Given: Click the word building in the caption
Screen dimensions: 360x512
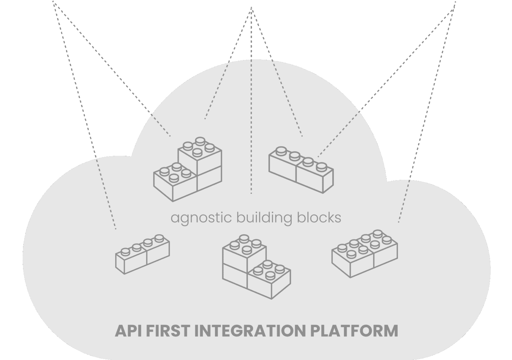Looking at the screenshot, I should (264, 218).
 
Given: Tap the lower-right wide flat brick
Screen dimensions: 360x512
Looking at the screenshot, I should (365, 253).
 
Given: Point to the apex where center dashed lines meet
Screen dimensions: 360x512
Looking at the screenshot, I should (252, 8).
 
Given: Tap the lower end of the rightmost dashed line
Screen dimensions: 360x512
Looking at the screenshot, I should (398, 222).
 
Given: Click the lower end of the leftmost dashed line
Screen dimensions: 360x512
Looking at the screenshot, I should (116, 229).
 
